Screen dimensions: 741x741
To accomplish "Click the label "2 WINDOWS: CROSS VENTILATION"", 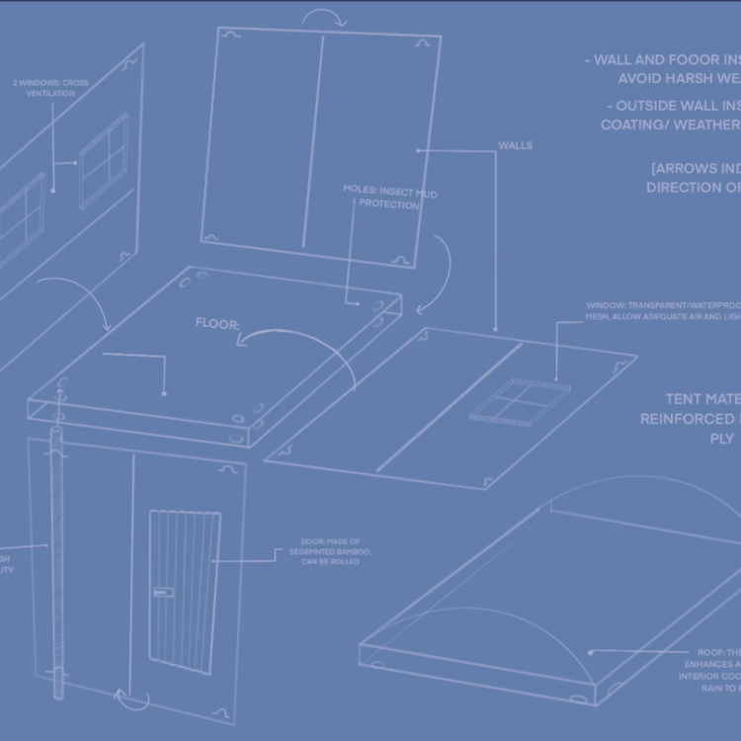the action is click(50, 88).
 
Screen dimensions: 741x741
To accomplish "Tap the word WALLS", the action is click(515, 146).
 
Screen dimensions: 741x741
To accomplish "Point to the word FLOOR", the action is click(217, 323).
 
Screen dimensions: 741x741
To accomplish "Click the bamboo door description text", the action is click(336, 551).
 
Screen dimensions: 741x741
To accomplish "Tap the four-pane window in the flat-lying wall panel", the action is click(520, 401).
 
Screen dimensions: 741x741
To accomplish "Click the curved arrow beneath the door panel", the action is click(132, 699).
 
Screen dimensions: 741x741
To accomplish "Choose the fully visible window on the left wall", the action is click(104, 160).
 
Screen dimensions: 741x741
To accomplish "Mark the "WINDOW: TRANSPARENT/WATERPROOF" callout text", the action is click(662, 311).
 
